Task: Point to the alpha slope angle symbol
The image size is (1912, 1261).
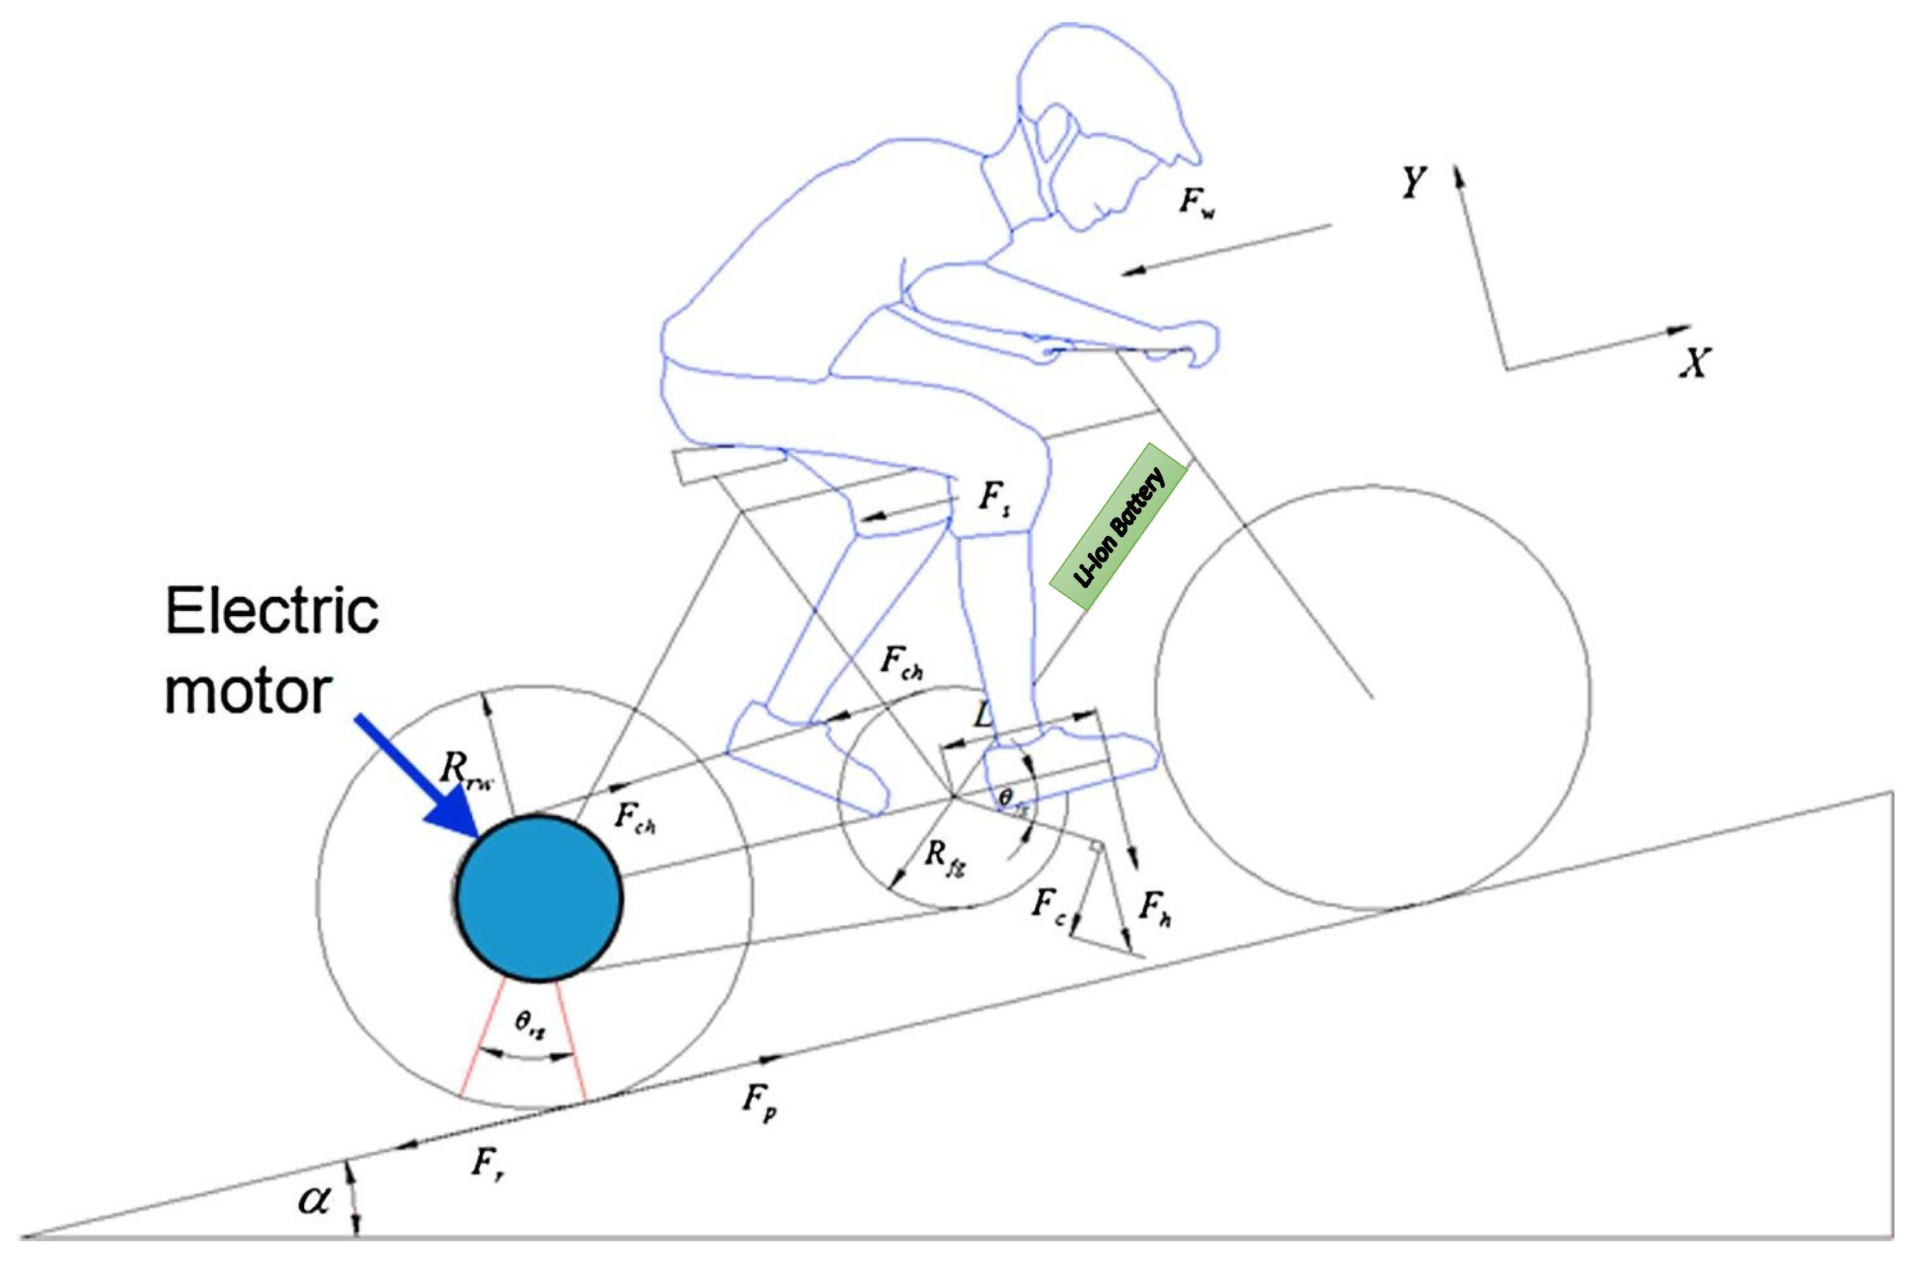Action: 314,1201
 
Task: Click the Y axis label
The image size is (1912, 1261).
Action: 1413,183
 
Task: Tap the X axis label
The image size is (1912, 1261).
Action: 1695,363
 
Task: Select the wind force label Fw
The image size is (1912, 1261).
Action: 1196,202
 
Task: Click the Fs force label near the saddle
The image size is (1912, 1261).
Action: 994,499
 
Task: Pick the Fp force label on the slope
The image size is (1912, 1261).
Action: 759,1100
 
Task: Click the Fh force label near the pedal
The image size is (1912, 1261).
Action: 1154,908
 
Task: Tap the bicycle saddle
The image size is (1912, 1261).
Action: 728,465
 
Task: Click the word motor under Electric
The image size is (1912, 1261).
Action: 247,692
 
